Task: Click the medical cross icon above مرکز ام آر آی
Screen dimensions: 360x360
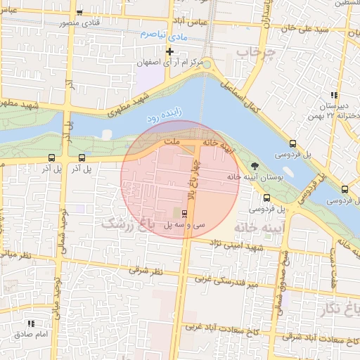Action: (x=169, y=51)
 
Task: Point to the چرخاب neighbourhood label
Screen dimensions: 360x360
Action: (x=253, y=53)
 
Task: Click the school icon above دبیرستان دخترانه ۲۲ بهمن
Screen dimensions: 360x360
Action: (x=335, y=95)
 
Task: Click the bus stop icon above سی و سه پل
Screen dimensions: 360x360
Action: (x=185, y=212)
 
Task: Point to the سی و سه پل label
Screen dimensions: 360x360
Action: (x=185, y=225)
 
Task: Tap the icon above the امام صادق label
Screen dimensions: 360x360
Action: (x=31, y=323)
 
